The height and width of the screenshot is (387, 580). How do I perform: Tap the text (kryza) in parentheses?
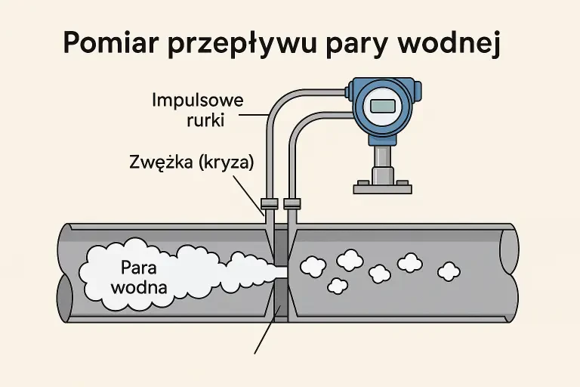point(225,163)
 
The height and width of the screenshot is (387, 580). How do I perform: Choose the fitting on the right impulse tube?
point(291,203)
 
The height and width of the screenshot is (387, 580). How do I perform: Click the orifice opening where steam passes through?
point(280,269)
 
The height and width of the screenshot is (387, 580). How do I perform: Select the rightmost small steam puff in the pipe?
point(449,270)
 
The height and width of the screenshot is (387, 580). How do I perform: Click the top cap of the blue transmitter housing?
point(384,81)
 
